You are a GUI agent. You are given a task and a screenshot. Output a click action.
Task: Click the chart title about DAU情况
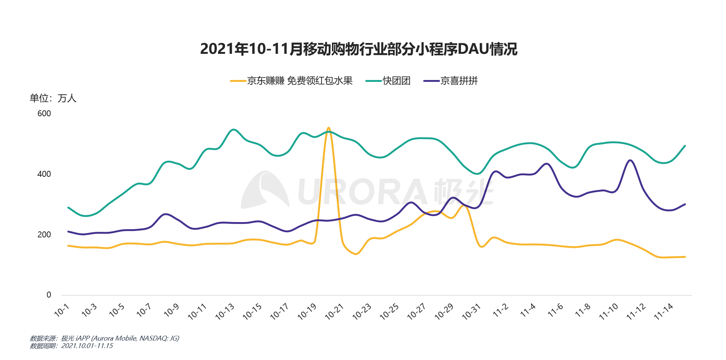[x=359, y=49]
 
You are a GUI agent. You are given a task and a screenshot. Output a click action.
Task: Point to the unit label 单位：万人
[x=53, y=98]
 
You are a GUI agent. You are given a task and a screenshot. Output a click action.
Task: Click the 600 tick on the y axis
[x=44, y=114]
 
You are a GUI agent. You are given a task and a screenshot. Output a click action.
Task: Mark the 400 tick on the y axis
[x=44, y=174]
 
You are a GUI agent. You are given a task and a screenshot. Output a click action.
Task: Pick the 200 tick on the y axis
[x=44, y=235]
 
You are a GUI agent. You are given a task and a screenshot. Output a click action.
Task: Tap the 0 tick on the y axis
[x=49, y=295]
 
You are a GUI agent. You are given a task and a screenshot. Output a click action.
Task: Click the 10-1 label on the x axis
[x=62, y=310]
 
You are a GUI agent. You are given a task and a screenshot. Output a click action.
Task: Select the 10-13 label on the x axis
[x=225, y=312]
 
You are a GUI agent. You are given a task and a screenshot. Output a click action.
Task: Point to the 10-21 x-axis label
[x=335, y=312]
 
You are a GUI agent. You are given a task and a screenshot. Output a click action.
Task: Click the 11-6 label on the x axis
[x=556, y=310]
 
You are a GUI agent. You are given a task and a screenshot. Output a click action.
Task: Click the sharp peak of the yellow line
[x=328, y=128]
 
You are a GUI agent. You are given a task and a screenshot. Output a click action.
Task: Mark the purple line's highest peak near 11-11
[x=631, y=160]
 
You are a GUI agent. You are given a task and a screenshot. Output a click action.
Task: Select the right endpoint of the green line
[x=685, y=145]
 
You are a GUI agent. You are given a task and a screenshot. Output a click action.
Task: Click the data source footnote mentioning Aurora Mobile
[x=105, y=338]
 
